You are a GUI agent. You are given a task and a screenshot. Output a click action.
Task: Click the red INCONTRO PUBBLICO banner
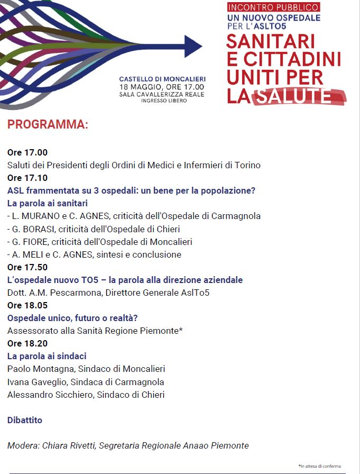[274, 7]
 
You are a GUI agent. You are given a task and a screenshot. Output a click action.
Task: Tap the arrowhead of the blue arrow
[193, 46]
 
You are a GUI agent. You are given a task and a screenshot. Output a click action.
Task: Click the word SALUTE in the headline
[300, 96]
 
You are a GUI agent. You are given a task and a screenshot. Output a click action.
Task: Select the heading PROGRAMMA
[48, 125]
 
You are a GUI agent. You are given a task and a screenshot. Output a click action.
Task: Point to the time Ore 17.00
[27, 152]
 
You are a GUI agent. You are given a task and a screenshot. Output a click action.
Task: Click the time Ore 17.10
[27, 178]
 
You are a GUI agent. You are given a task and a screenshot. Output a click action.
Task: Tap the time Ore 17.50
[27, 267]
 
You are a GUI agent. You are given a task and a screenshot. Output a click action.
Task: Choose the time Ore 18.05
[27, 305]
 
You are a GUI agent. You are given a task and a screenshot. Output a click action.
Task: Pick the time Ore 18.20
[27, 343]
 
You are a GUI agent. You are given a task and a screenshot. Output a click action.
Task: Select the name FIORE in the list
[34, 242]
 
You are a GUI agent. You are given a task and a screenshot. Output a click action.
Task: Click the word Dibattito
[25, 420]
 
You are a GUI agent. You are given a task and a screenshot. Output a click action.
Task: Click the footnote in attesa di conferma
[320, 466]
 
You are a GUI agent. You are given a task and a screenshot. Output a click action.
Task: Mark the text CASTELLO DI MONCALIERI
[162, 79]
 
